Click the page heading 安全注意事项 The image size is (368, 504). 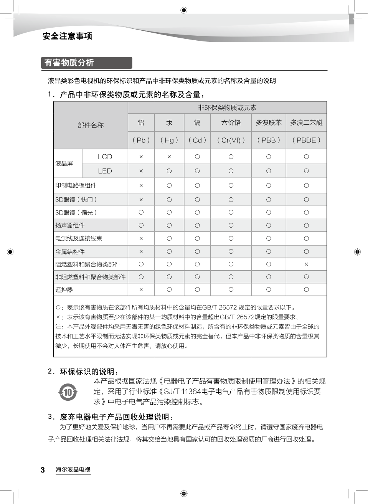(x=68, y=36)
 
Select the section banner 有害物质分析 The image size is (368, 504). (x=69, y=63)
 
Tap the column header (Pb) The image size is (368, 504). (x=141, y=140)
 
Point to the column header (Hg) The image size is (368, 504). (x=169, y=140)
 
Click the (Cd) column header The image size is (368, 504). (x=197, y=140)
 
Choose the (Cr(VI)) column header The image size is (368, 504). (x=231, y=140)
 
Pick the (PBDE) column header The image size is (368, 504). (x=306, y=140)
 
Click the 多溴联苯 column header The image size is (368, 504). (x=269, y=122)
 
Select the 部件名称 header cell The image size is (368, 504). (x=91, y=125)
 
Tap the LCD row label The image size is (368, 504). (x=105, y=157)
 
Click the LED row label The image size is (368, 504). (x=105, y=171)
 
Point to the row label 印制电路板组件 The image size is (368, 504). (x=76, y=185)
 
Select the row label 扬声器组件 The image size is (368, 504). (x=70, y=225)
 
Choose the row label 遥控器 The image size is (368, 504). (x=64, y=290)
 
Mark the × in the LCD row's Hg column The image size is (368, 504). (x=169, y=157)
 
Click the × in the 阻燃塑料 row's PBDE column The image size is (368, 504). (x=306, y=264)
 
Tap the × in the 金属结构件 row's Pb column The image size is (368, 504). (x=141, y=251)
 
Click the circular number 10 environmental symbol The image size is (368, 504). (x=68, y=392)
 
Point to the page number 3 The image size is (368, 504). (x=43, y=470)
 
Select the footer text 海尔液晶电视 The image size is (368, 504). (x=73, y=469)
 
